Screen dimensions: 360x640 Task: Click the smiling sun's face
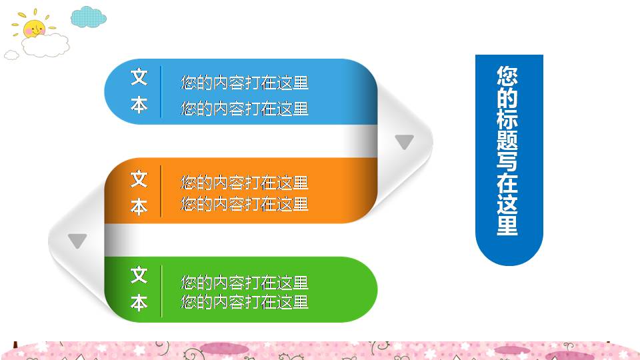click(33, 29)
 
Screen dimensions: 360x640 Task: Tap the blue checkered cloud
click(88, 17)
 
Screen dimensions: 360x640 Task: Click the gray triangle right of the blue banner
click(405, 141)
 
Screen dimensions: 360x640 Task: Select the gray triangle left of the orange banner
click(77, 241)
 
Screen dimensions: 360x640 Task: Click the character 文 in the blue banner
click(139, 77)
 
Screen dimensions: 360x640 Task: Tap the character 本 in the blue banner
click(139, 105)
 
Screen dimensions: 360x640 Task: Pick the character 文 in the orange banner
click(139, 179)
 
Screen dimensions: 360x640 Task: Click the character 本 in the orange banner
click(139, 207)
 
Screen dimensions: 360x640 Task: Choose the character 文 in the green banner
click(139, 275)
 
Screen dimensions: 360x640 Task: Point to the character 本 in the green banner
click(139, 303)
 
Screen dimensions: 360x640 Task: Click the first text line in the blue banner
click(245, 83)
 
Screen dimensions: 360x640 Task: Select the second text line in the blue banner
click(245, 108)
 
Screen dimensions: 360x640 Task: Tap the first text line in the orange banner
click(245, 182)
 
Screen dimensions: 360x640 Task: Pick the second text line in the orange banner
click(245, 203)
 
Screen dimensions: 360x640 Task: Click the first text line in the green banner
click(245, 282)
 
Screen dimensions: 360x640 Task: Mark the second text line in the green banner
click(245, 302)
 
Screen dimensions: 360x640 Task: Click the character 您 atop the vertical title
click(507, 75)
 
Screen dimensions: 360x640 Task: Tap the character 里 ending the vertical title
click(507, 225)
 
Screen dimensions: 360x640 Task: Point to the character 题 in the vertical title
click(507, 140)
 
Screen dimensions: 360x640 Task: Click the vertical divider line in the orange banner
click(161, 193)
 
